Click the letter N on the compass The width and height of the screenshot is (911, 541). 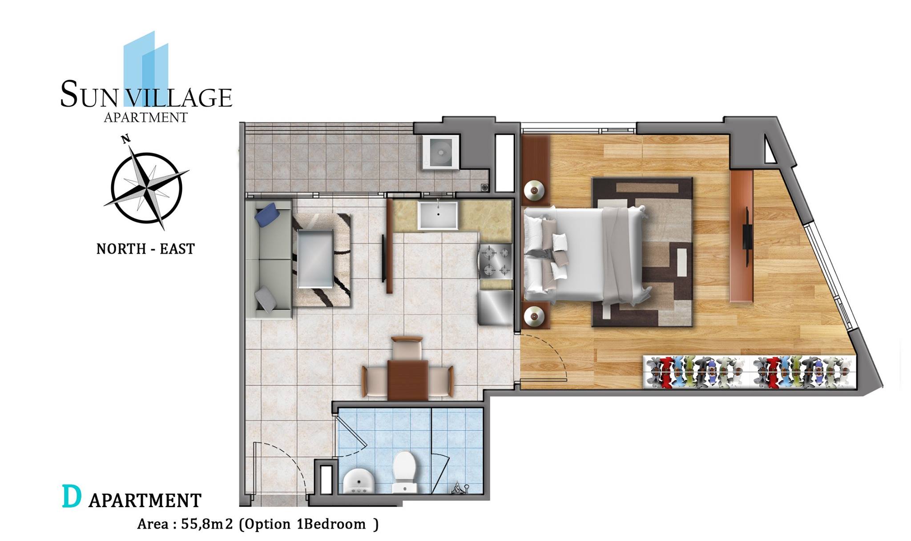(126, 139)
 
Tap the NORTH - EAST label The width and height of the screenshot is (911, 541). (146, 249)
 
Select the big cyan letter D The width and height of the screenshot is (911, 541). (72, 497)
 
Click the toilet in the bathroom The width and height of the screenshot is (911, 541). (404, 472)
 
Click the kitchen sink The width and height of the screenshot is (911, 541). (438, 215)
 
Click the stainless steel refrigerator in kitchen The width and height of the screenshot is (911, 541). (495, 307)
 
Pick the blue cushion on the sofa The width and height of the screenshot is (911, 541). (267, 214)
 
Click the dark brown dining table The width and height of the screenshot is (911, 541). (407, 380)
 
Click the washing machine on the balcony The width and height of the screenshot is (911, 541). (441, 152)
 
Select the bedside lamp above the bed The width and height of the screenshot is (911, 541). (534, 191)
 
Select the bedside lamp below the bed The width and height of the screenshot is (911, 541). (534, 317)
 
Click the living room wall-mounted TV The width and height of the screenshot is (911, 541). (383, 258)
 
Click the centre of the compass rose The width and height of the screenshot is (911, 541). (147, 188)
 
